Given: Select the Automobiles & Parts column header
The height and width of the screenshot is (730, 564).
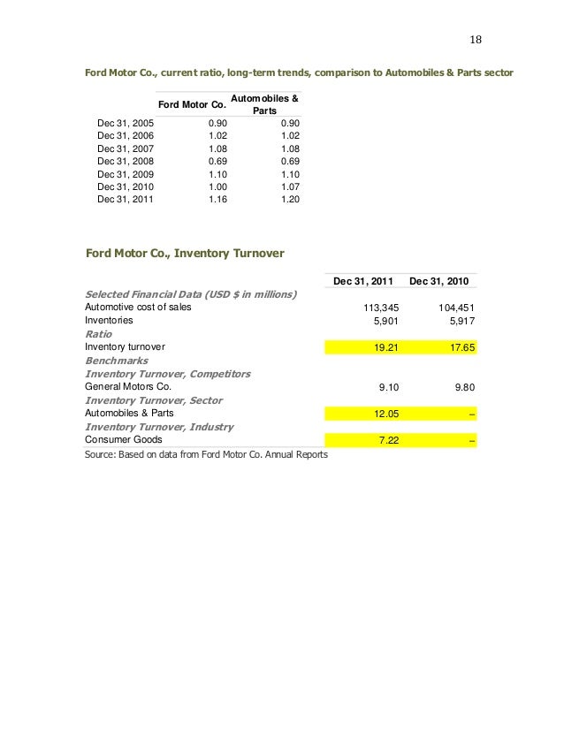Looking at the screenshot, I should [263, 104].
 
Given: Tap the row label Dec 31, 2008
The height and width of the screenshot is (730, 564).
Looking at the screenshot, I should [126, 162].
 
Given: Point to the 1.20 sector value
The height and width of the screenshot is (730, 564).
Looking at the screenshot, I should [289, 200].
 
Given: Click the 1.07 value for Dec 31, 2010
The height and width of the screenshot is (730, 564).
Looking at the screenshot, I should [289, 187].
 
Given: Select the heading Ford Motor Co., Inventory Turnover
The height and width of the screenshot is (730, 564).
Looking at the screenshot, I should [184, 254].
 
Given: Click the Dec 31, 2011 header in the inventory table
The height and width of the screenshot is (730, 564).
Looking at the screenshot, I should [364, 281].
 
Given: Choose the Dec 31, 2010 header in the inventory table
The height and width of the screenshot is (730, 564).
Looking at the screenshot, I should [441, 281].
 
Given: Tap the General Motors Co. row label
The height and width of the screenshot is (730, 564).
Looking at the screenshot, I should [127, 387].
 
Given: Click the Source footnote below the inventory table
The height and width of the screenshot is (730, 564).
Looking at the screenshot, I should [206, 454].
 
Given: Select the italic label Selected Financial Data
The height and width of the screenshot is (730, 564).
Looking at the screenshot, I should [190, 294].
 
